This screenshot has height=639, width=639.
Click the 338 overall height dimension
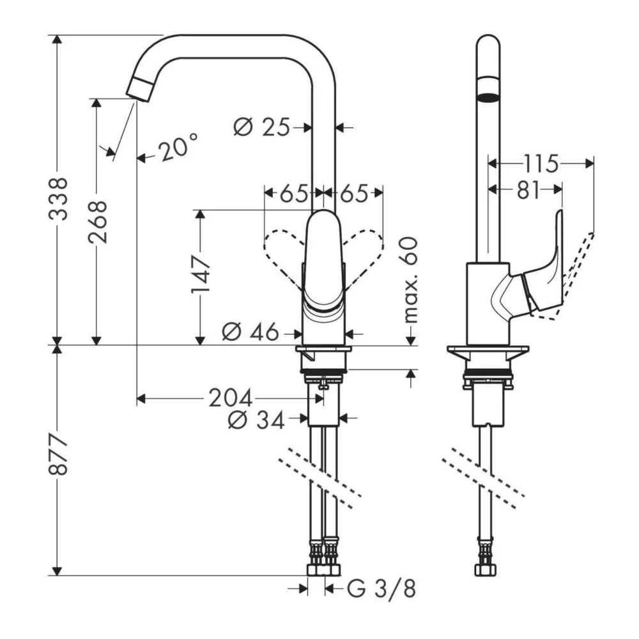tap(59, 198)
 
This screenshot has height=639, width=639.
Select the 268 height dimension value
tap(97, 221)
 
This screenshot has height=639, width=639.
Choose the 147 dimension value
tap(201, 275)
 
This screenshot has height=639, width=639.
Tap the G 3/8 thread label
tap(381, 588)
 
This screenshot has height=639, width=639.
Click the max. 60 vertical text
tap(409, 279)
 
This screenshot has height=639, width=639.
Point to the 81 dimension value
tap(527, 189)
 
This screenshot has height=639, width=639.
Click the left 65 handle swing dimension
tap(293, 192)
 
